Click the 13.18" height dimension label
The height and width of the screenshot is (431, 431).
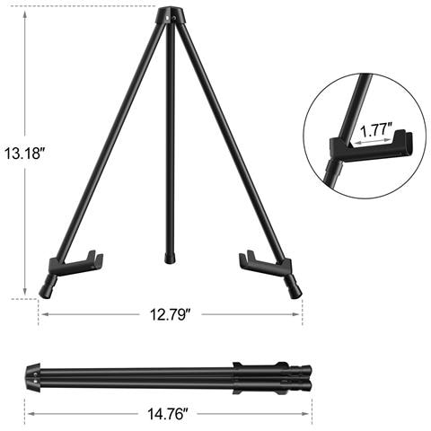[24, 154]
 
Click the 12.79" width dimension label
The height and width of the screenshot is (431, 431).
[171, 314]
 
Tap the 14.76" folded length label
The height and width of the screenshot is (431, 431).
[168, 414]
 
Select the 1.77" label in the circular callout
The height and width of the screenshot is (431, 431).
[375, 130]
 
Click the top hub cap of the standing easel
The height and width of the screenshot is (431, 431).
[170, 14]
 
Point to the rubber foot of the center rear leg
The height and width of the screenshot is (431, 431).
[170, 259]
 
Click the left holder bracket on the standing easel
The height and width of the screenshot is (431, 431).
[75, 263]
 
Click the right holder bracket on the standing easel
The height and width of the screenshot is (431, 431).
[266, 262]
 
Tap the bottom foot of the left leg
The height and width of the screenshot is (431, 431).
[48, 287]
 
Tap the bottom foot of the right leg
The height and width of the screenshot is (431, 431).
[294, 286]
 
